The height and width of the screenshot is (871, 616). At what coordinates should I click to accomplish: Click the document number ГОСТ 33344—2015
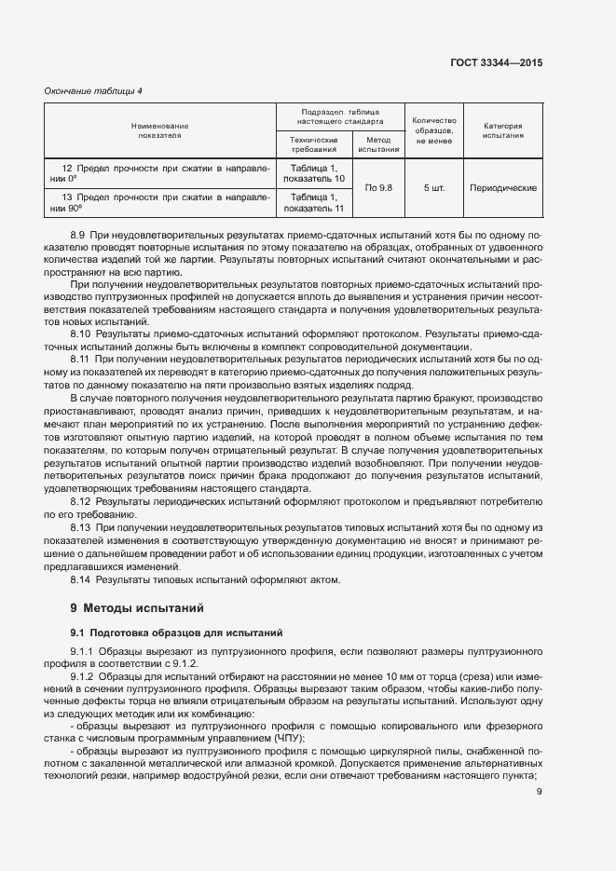[496, 62]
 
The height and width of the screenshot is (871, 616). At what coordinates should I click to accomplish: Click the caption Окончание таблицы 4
[93, 90]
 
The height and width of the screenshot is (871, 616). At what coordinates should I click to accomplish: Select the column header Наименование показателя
[159, 130]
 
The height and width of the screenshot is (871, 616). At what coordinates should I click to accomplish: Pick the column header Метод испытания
[378, 143]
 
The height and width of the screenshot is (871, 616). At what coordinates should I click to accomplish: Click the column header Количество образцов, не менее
[434, 130]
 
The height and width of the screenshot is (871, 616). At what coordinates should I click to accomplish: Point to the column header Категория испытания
[503, 130]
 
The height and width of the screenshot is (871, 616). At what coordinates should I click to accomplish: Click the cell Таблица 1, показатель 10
[313, 172]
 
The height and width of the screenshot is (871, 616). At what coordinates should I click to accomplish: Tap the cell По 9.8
[378, 187]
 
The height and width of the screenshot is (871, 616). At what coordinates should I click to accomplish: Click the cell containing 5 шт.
[434, 187]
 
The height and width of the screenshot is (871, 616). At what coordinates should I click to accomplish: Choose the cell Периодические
[503, 187]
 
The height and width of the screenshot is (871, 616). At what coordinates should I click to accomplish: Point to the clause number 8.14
[82, 580]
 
